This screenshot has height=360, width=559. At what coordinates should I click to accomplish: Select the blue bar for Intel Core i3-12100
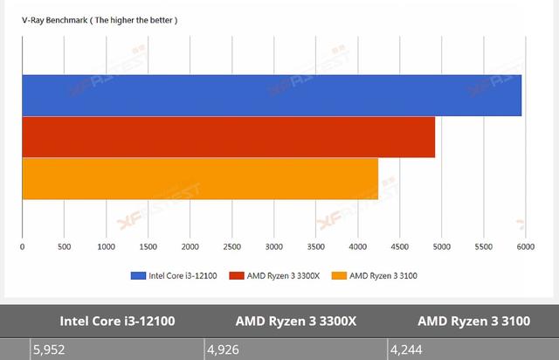pyautogui.click(x=271, y=95)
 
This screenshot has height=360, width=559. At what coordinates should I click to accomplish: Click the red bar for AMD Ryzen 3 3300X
pyautogui.click(x=228, y=137)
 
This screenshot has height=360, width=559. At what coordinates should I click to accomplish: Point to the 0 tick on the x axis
pyautogui.click(x=22, y=247)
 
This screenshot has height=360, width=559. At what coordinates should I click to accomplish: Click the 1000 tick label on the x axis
pyautogui.click(x=106, y=247)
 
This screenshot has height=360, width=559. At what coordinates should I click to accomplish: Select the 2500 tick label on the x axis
pyautogui.click(x=231, y=247)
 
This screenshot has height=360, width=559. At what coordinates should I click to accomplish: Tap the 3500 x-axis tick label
pyautogui.click(x=315, y=247)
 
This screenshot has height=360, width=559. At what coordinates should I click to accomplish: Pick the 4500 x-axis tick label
pyautogui.click(x=399, y=247)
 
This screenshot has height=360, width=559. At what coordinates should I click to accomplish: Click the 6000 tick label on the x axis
pyautogui.click(x=525, y=247)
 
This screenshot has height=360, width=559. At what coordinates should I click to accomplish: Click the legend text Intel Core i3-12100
pyautogui.click(x=182, y=276)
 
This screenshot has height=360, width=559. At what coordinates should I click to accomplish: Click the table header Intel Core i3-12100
pyautogui.click(x=118, y=321)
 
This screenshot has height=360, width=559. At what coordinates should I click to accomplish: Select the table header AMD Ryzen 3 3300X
pyautogui.click(x=296, y=321)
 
